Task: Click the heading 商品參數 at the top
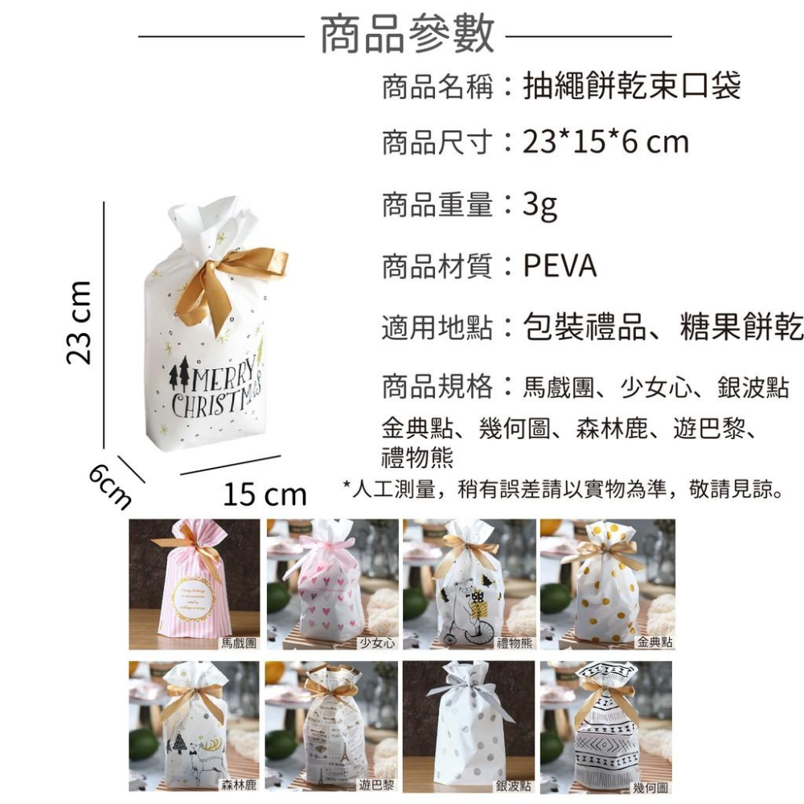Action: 407,35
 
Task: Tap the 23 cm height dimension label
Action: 80,322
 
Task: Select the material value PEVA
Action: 560,266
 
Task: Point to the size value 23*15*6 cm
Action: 605,143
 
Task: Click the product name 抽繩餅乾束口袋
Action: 631,85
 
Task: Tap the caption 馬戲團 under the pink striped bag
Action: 240,643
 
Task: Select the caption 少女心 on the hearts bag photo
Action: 377,643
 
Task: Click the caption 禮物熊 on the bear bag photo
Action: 515,643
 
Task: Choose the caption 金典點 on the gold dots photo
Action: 653,643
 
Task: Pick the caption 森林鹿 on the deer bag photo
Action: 240,785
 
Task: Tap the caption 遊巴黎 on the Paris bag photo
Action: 377,785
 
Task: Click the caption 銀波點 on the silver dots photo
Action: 515,785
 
